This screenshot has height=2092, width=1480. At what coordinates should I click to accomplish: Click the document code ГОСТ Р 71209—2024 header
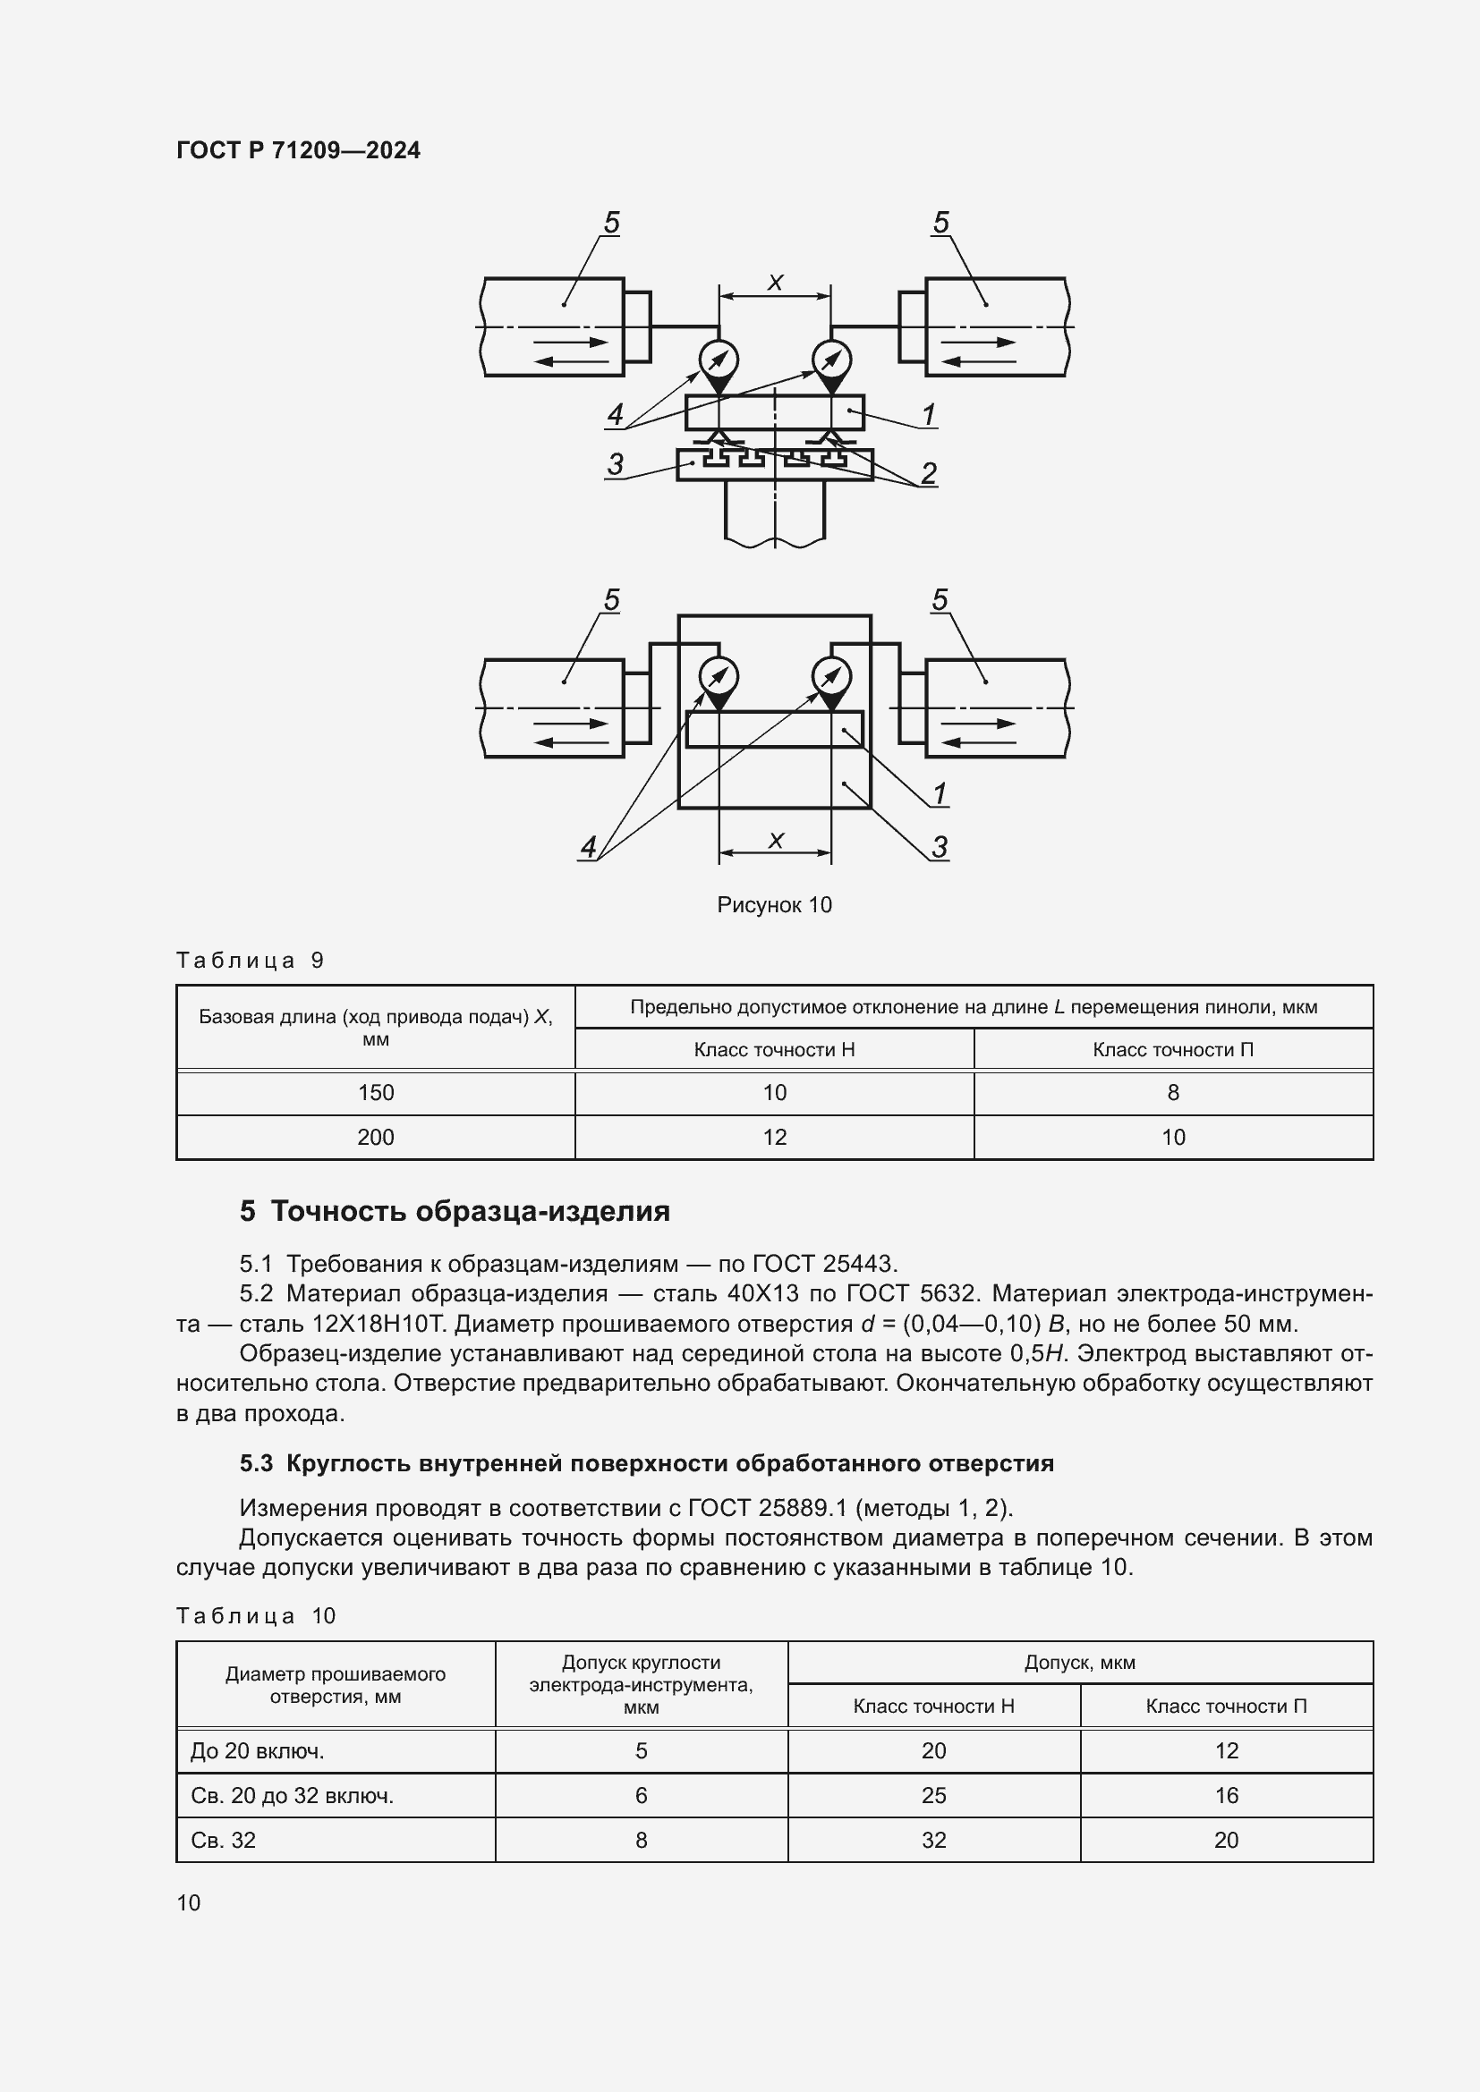coord(298,150)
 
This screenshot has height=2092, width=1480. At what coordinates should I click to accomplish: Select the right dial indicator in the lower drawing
coord(831,677)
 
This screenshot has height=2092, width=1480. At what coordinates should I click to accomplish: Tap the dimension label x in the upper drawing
coord(776,283)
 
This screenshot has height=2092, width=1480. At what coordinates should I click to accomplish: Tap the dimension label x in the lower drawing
coord(776,839)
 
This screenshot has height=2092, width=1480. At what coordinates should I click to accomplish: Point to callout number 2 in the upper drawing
coord(929,473)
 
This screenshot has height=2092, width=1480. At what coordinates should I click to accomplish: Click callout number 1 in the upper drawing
coord(929,415)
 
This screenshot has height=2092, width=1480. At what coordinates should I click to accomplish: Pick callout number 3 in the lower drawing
coord(940,847)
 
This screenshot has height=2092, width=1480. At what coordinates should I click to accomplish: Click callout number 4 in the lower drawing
coord(589,847)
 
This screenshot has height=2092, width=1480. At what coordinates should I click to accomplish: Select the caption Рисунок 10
coord(774,905)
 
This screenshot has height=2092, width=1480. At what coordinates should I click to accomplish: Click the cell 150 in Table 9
coord(376,1092)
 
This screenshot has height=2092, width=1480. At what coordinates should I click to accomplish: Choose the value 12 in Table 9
coord(774,1137)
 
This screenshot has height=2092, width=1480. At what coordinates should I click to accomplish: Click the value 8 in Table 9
coord(1173,1092)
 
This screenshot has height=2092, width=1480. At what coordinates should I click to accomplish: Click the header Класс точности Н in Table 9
coord(774,1050)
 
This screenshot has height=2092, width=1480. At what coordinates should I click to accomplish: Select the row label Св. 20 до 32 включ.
coord(292,1796)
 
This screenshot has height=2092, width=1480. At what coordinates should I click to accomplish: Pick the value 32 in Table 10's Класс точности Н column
coord(933,1841)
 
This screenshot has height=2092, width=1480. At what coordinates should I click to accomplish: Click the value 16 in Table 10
coord(1226,1796)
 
